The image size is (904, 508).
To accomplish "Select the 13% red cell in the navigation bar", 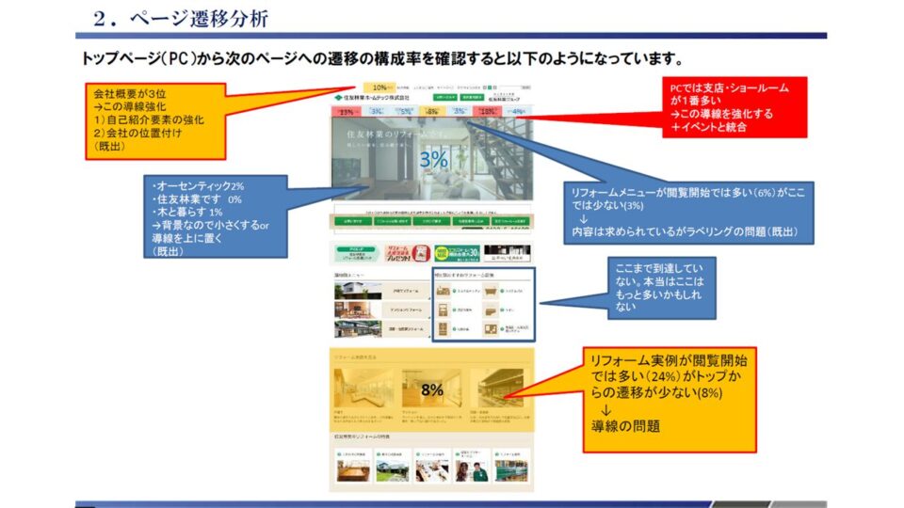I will (x=346, y=111).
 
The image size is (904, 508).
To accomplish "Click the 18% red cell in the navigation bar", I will (x=487, y=111).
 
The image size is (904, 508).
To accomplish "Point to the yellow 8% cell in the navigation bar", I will (x=432, y=111).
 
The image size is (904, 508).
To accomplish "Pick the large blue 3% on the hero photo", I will (x=434, y=160).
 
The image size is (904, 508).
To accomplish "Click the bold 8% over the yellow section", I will (x=432, y=388).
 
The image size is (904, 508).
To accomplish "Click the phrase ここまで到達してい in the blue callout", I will (x=660, y=266).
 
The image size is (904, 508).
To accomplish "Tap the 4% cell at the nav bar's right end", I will (x=517, y=111).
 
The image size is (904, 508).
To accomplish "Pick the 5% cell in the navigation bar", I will (x=405, y=111).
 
